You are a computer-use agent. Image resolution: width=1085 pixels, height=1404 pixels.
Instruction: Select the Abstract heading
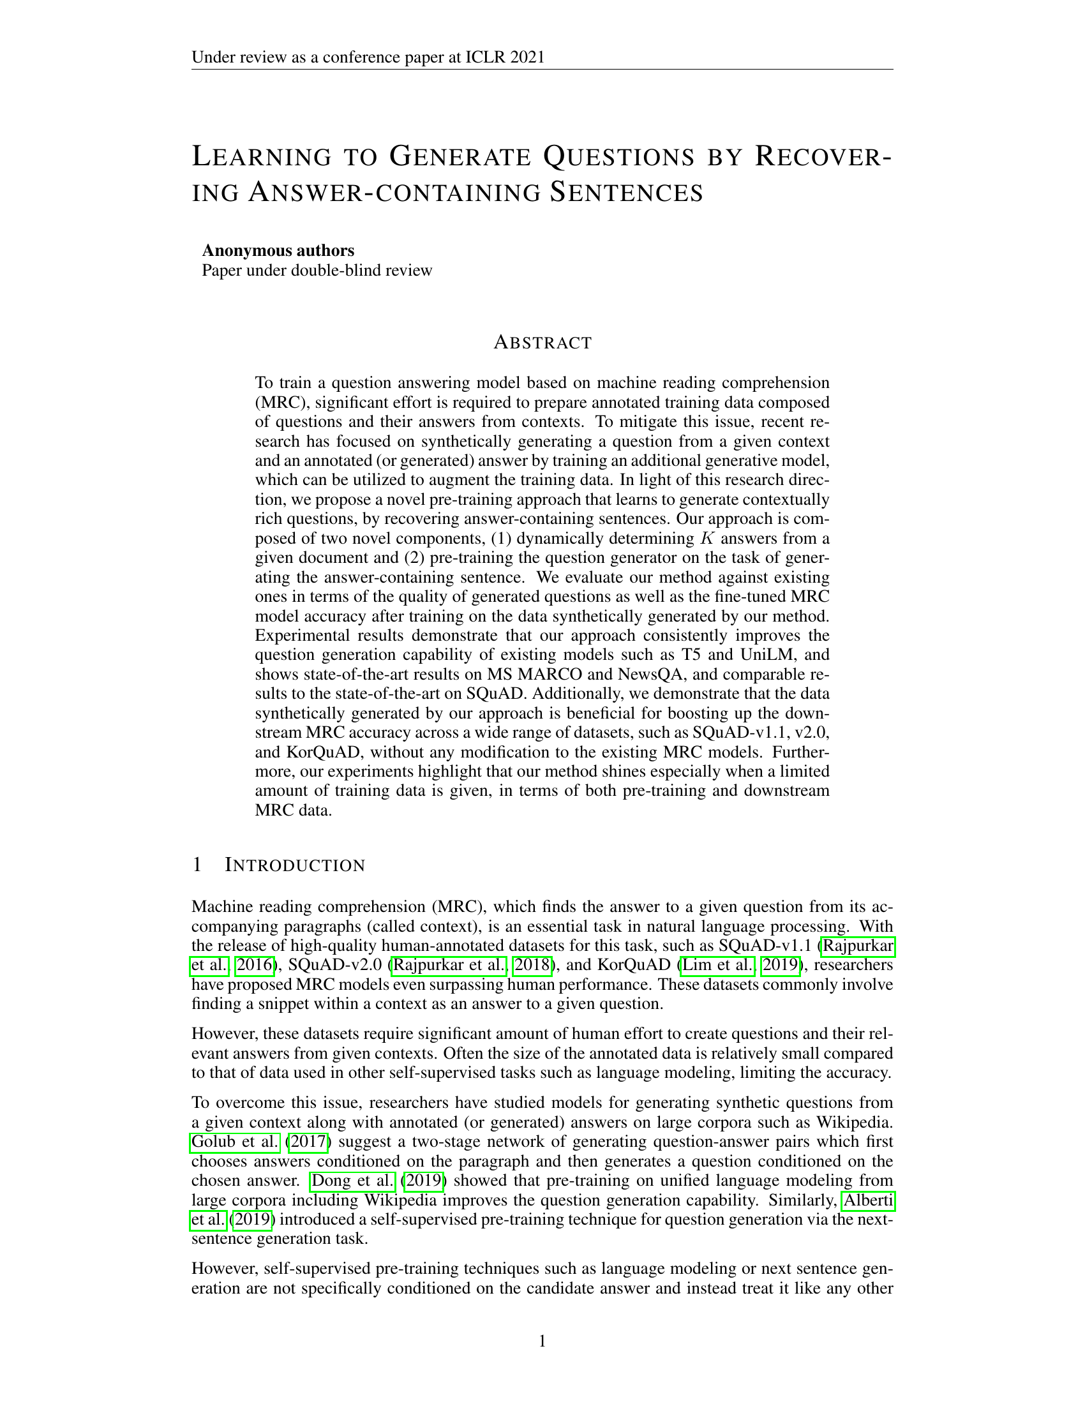tap(542, 343)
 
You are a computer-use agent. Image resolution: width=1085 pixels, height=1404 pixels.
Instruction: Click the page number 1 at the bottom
tap(542, 1340)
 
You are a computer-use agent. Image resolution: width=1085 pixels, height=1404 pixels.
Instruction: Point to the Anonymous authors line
tap(278, 250)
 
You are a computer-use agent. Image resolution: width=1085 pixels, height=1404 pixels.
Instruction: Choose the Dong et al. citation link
tap(353, 1180)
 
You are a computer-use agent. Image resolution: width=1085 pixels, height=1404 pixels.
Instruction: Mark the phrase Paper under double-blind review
tap(317, 270)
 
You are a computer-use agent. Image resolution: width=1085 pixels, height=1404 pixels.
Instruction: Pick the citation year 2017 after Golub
tap(309, 1142)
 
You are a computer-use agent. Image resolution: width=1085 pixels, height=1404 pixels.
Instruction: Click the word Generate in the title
tap(460, 158)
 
